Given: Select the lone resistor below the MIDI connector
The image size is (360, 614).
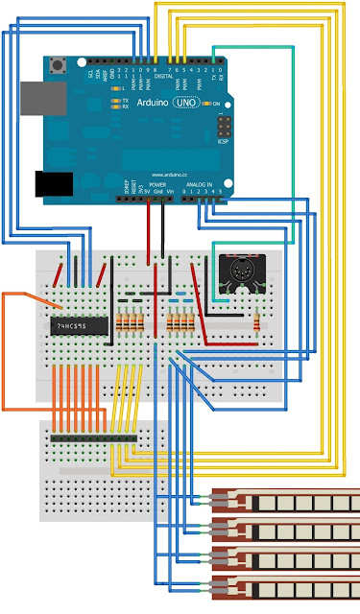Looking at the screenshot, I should [x=256, y=323].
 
